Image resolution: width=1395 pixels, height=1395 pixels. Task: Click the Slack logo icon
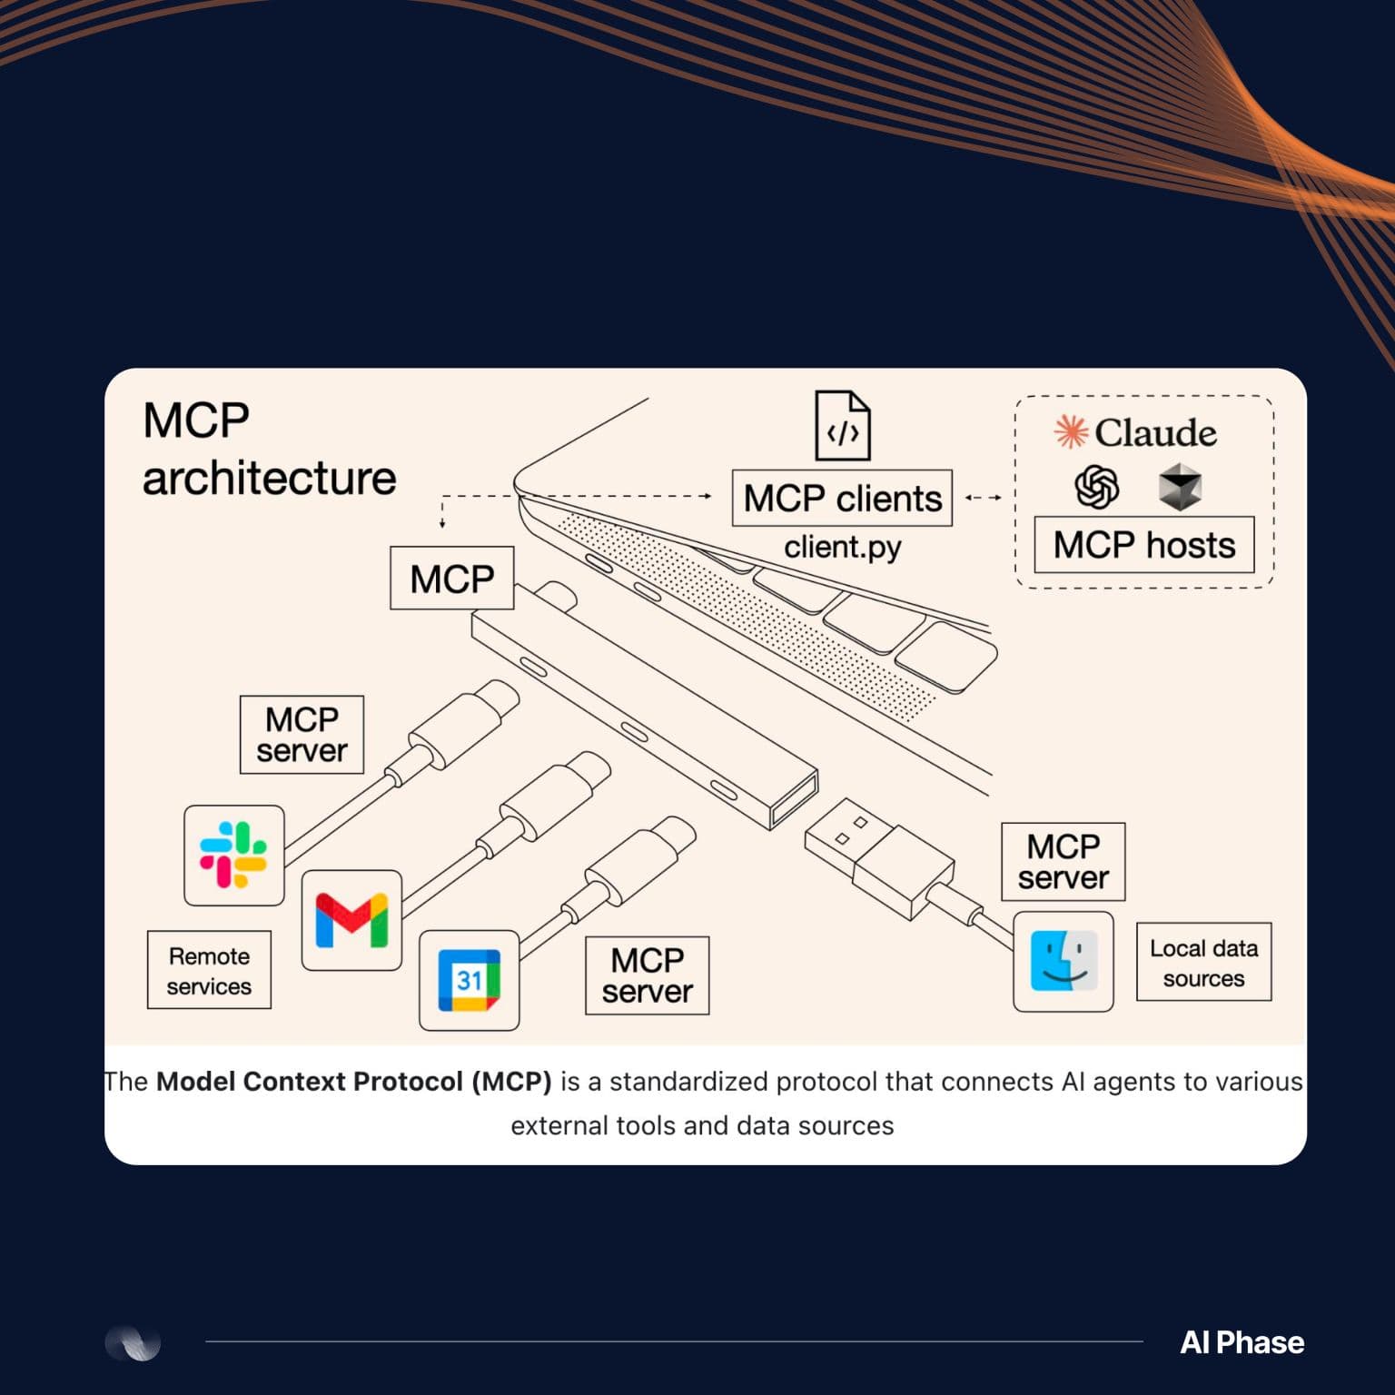[x=233, y=855]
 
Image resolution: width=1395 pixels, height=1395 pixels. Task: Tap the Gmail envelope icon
[x=351, y=920]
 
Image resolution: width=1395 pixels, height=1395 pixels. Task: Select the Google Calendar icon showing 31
[x=469, y=980]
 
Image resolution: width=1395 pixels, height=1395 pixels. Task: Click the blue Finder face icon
[x=1064, y=962]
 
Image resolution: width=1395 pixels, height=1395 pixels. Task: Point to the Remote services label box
[x=209, y=970]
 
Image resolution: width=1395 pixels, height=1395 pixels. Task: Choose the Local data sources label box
[x=1203, y=963]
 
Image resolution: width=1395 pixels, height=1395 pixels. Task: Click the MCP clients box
[x=842, y=498]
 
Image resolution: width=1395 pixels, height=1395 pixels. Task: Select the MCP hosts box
[x=1144, y=545]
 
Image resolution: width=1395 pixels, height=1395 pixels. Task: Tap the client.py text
[x=843, y=548]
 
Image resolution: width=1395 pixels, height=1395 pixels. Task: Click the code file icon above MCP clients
[x=842, y=425]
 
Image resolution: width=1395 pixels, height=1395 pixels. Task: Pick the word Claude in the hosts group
[x=1155, y=432]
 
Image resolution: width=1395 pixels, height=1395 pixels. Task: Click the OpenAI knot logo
[x=1097, y=487]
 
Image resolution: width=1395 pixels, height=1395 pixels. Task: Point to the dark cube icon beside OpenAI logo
[x=1181, y=486]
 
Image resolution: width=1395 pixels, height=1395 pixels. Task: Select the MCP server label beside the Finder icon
[x=1064, y=862]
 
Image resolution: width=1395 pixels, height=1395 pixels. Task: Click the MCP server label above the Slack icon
[x=302, y=735]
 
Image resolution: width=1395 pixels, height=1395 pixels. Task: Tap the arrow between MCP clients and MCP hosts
[x=984, y=498]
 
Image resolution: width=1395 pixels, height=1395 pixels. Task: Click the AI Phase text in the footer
[x=1242, y=1342]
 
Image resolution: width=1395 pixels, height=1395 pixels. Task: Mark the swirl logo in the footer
[x=133, y=1342]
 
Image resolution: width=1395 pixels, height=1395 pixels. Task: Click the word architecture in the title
[x=269, y=478]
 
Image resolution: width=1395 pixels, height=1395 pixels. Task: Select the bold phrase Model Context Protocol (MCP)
[x=354, y=1082]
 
